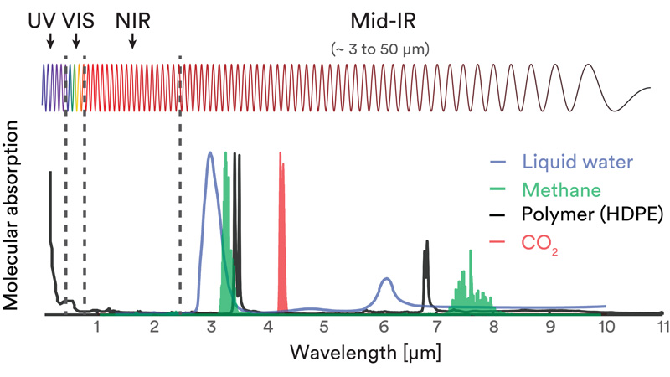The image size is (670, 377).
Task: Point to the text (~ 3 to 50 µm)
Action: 380,49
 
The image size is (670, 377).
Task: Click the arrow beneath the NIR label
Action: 132,40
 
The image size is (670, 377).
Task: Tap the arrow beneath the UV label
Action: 49,40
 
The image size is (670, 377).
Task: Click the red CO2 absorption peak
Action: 282,226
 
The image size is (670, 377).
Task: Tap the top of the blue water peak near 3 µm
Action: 209,154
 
